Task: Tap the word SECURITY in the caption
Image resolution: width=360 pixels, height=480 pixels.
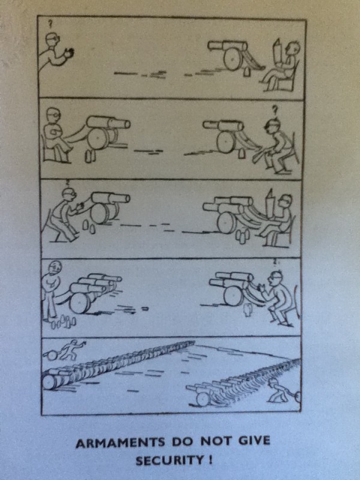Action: (169, 460)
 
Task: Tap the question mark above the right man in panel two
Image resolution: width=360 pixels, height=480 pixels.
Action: (275, 109)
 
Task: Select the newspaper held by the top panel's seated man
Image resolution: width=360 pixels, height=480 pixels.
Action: (278, 53)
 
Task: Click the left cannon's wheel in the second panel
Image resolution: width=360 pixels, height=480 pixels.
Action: (98, 139)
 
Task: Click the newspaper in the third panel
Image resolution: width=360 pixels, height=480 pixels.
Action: (270, 204)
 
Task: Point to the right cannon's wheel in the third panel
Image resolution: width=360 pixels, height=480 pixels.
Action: (227, 223)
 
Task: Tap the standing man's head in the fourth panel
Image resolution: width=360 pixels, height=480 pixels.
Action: (55, 268)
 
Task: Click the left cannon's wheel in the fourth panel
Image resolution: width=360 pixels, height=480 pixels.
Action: (80, 303)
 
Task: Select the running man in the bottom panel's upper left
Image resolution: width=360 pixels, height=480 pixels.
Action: (71, 349)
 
